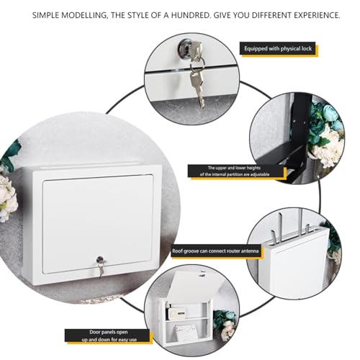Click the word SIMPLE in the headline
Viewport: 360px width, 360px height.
(48, 15)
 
